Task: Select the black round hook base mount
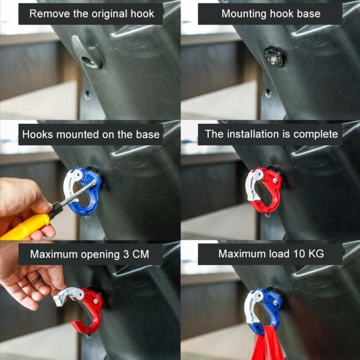(x=274, y=57)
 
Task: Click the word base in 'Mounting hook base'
(x=309, y=13)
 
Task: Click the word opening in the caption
(x=95, y=254)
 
